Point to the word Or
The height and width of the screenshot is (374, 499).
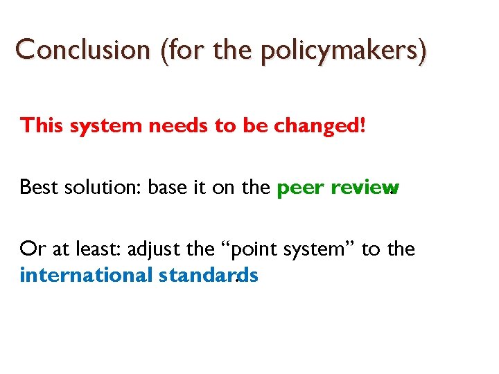(x=33, y=248)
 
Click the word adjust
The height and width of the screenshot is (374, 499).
(x=173, y=248)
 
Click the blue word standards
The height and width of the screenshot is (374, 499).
(x=209, y=275)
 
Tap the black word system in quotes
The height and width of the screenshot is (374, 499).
(x=323, y=248)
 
